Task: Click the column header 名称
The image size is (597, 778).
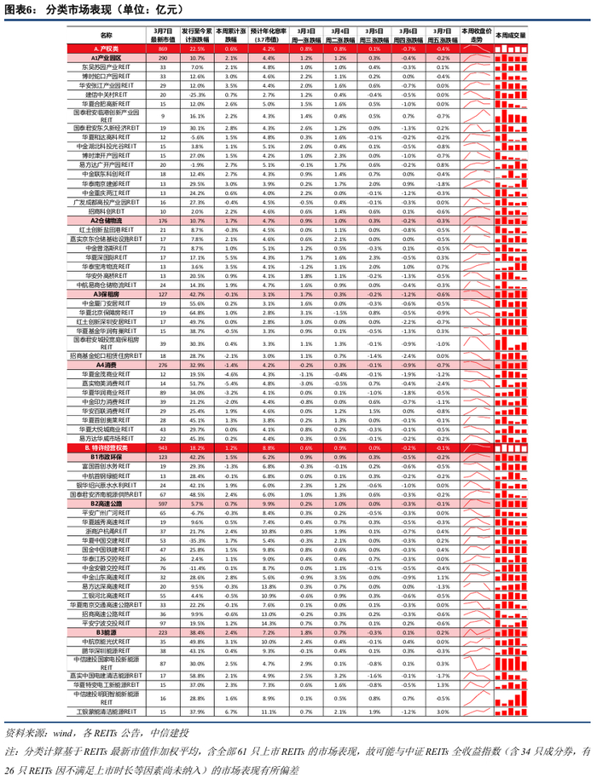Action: [x=105, y=35]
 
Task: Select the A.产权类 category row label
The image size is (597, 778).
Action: [x=105, y=49]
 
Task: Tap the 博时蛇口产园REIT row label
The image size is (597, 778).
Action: [x=105, y=76]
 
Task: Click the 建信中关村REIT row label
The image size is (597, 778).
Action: [x=105, y=95]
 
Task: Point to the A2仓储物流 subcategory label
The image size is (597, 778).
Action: [x=105, y=220]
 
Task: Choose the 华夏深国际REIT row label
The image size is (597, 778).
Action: [x=105, y=256]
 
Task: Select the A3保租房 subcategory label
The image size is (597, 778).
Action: [x=105, y=293]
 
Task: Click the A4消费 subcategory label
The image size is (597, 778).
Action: [x=105, y=365]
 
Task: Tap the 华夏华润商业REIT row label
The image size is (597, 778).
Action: [x=105, y=392]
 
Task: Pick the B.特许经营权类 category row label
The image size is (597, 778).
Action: [x=105, y=447]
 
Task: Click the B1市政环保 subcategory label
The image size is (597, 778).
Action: [x=105, y=457]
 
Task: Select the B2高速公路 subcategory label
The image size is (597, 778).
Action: [x=105, y=503]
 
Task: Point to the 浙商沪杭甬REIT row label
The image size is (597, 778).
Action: [x=105, y=530]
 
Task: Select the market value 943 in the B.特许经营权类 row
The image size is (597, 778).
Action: [x=163, y=447]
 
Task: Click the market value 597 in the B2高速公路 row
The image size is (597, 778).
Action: [x=163, y=503]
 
